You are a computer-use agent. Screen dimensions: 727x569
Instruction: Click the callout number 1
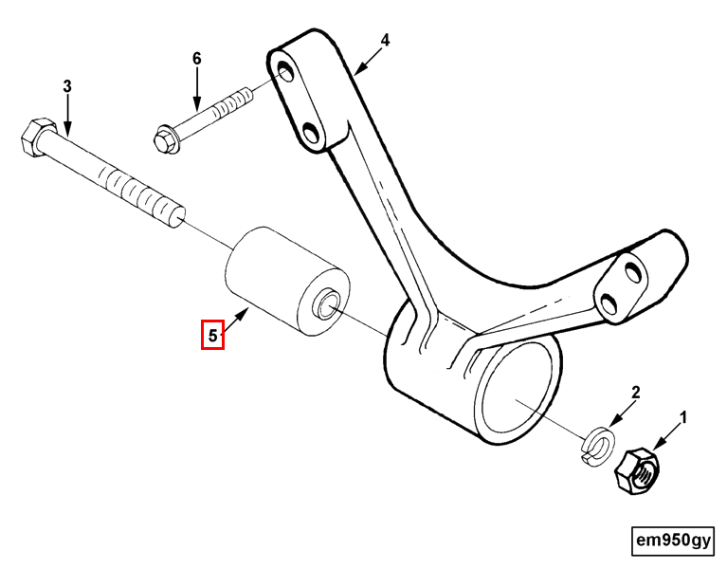pos(682,418)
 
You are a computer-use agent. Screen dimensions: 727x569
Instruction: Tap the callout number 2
pos(636,393)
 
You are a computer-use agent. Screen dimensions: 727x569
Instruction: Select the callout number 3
pos(67,86)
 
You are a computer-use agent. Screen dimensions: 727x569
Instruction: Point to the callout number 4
pos(385,40)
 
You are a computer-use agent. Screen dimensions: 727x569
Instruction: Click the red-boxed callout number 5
pos(212,336)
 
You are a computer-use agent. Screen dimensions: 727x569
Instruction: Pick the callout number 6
pos(197,59)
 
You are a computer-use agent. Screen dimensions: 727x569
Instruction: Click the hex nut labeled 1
pos(637,471)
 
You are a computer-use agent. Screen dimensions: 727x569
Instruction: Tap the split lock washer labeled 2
pos(598,446)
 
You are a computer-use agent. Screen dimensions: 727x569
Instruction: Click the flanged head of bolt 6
pos(166,139)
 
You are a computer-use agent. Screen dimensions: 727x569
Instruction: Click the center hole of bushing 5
pos(328,303)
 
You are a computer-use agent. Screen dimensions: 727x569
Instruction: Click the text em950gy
pos(673,541)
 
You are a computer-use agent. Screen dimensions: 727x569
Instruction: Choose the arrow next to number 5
pos(235,321)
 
